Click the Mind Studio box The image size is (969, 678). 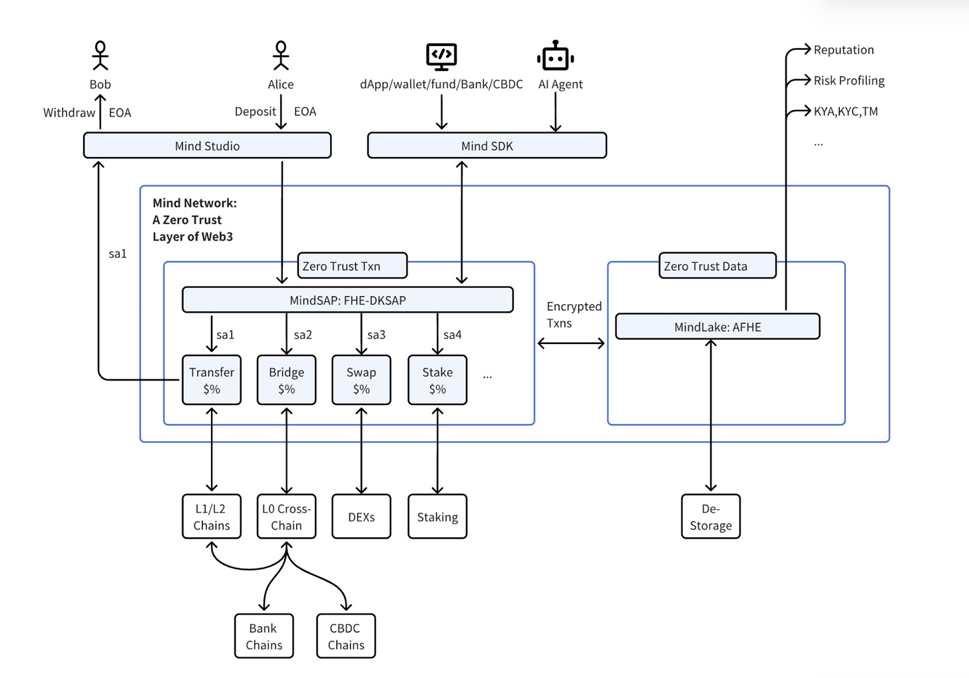[x=207, y=146]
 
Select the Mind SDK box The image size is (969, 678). [x=486, y=146]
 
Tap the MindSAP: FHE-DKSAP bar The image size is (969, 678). [x=347, y=300]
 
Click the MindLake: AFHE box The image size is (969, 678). [x=717, y=327]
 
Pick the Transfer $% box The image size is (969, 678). [x=212, y=381]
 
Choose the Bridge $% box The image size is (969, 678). [x=286, y=381]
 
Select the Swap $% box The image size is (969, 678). [x=361, y=381]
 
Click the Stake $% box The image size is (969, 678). [x=437, y=381]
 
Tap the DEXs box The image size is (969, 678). [x=361, y=517]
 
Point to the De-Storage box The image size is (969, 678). [x=711, y=517]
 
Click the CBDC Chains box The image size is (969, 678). [x=346, y=636]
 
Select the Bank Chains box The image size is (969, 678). [x=264, y=636]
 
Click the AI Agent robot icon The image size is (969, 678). [x=555, y=57]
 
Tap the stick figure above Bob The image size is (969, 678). [x=100, y=56]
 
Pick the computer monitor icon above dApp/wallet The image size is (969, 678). [x=441, y=57]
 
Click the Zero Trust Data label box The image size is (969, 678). [x=717, y=265]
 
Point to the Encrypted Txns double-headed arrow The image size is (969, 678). [x=571, y=343]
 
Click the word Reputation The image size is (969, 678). [x=843, y=50]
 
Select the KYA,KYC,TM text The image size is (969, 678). [x=845, y=112]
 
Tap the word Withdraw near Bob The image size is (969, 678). [x=69, y=112]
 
